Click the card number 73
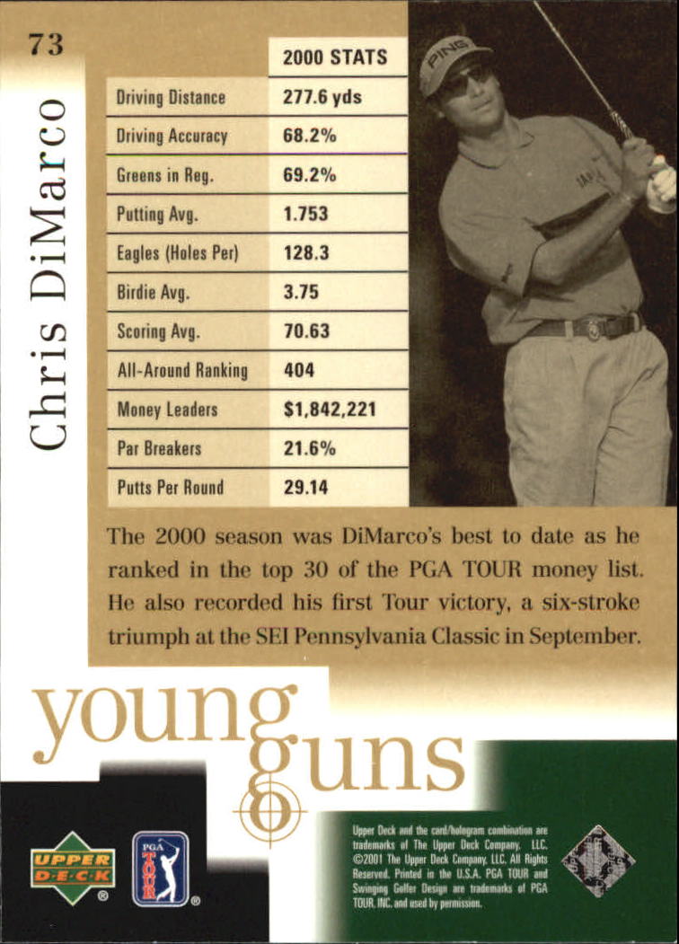click(45, 42)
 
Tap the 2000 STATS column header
click(335, 57)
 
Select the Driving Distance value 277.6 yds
click(322, 97)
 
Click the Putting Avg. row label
click(158, 215)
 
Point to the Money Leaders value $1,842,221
click(330, 410)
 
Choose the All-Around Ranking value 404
click(300, 370)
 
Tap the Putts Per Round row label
click(170, 488)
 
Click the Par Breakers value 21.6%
click(309, 448)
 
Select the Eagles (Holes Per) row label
click(177, 253)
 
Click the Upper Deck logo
click(72, 866)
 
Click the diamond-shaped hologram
click(598, 860)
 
